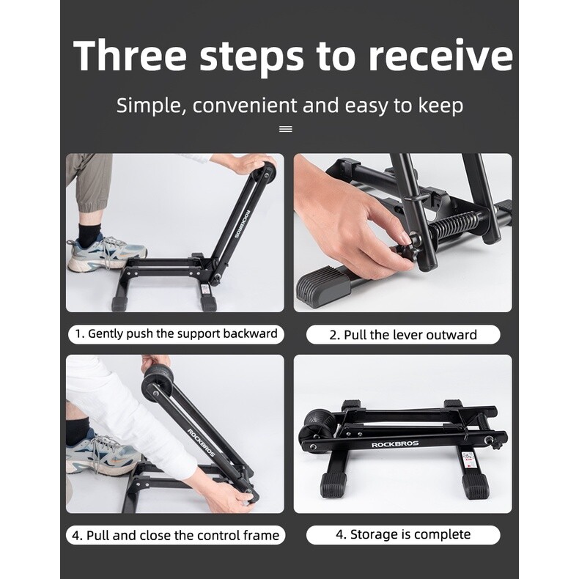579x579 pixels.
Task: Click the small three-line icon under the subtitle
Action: [x=286, y=129]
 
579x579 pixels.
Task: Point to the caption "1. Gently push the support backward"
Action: [x=177, y=334]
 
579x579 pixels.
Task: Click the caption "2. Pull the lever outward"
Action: [x=402, y=335]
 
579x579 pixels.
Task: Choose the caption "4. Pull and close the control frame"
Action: [x=176, y=535]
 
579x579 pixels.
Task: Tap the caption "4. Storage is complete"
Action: [x=402, y=534]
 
